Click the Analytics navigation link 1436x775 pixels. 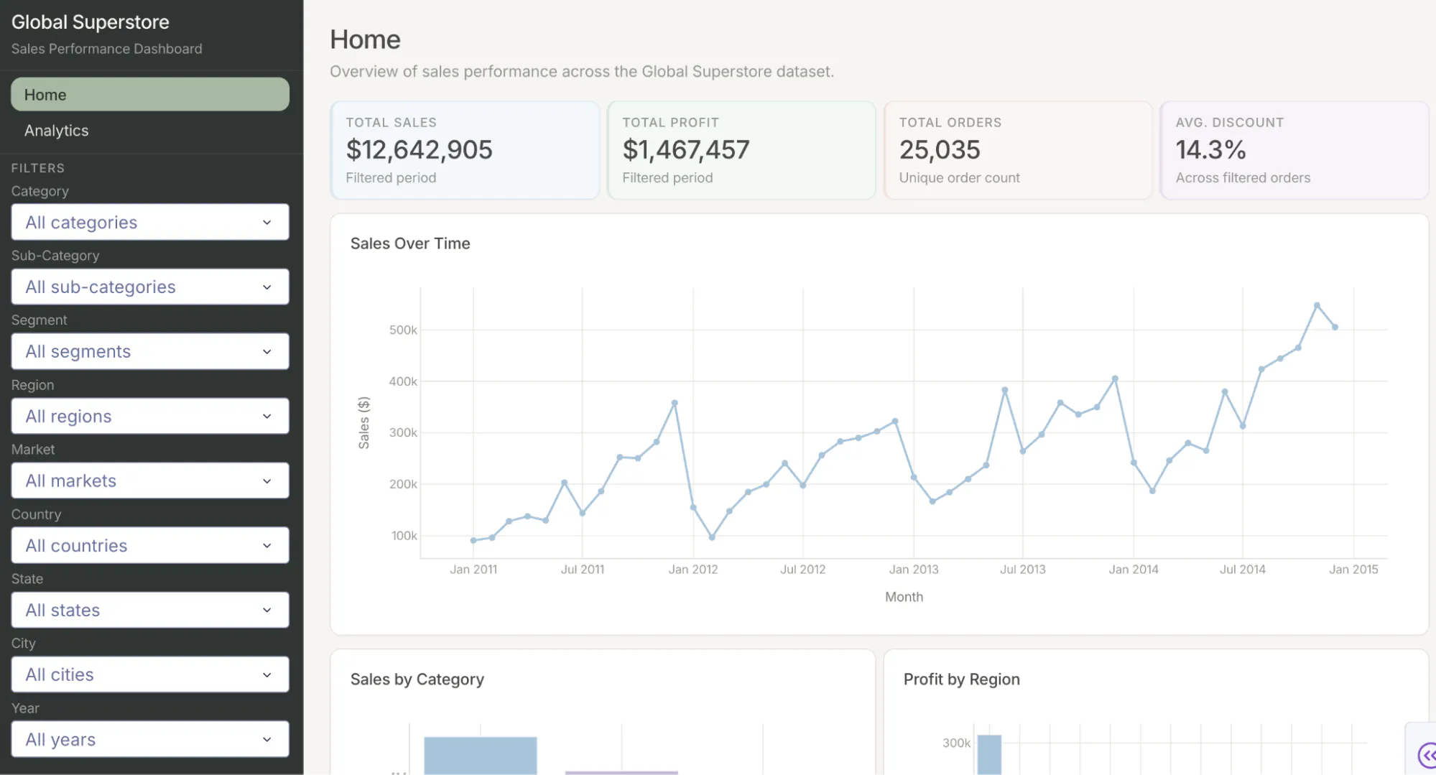(56, 131)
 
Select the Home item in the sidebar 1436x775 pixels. (150, 95)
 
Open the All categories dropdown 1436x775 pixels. (150, 223)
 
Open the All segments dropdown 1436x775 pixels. (150, 351)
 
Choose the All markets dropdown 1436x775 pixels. (150, 481)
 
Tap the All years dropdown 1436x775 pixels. (150, 739)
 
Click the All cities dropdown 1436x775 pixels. (150, 674)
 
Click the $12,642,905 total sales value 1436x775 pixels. (419, 149)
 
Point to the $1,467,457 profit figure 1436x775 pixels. (685, 149)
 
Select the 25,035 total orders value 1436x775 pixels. (940, 149)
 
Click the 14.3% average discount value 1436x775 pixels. (1210, 149)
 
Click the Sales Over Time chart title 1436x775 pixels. (410, 243)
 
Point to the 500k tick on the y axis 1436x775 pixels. (403, 330)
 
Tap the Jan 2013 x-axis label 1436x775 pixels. (914, 570)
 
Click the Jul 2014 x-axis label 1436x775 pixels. (1243, 570)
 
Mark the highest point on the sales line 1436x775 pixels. (1317, 305)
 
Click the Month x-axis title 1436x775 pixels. (904, 597)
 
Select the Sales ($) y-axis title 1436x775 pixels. (364, 423)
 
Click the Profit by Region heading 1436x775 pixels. (961, 679)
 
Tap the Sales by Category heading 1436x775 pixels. (417, 679)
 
